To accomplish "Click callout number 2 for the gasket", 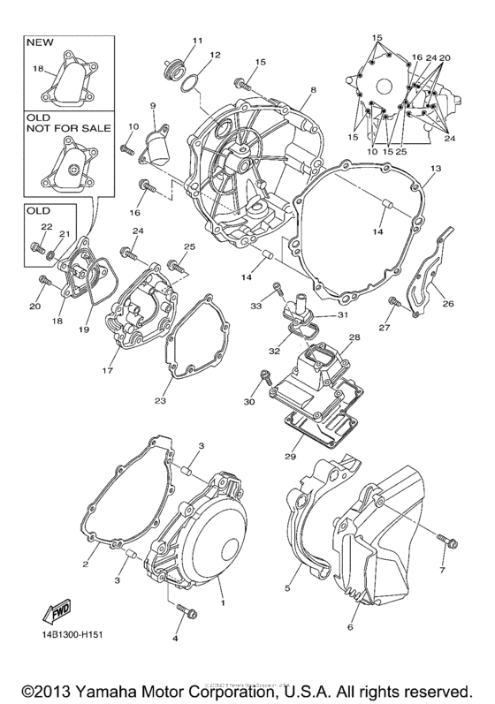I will [x=87, y=564].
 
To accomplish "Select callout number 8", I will [x=312, y=91].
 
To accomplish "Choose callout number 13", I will [x=435, y=168].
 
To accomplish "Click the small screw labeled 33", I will [x=278, y=289].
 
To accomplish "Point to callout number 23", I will [x=160, y=401].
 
